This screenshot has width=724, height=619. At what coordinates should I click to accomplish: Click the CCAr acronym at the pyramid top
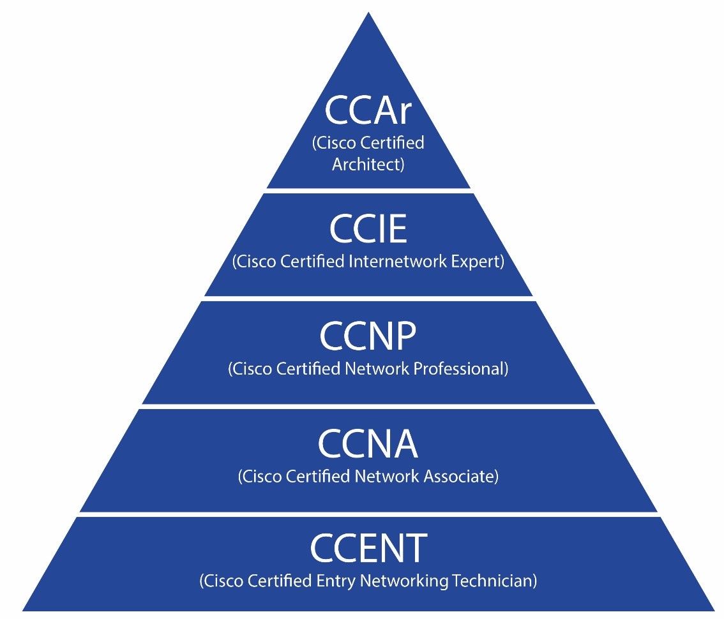point(368,111)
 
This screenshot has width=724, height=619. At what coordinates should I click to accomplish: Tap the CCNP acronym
point(368,336)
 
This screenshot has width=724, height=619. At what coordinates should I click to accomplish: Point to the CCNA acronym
point(368,444)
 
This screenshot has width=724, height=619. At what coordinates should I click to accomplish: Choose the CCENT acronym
point(368,548)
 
